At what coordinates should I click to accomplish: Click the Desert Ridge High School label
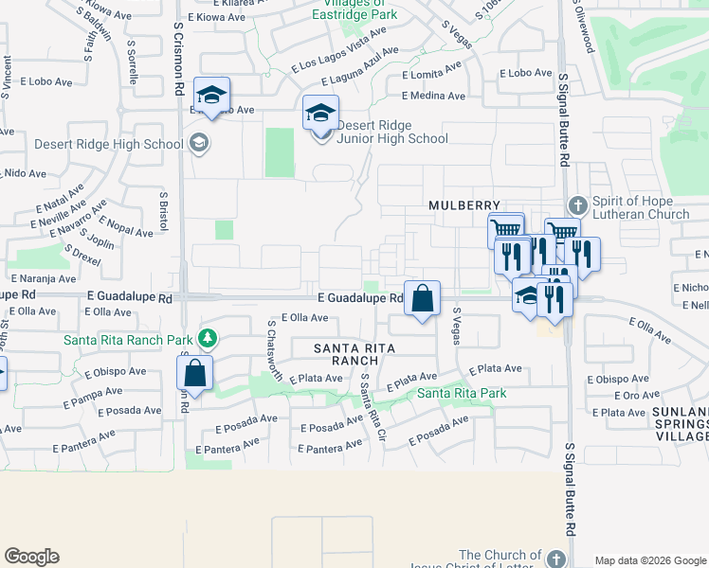(109, 144)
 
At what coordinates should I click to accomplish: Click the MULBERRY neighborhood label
(464, 204)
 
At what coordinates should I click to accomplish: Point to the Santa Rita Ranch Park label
(128, 340)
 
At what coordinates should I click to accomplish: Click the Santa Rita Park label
(462, 393)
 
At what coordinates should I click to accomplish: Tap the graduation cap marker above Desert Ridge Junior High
(321, 113)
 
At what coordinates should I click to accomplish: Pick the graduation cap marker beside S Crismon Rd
(212, 94)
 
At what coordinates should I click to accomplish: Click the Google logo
(31, 557)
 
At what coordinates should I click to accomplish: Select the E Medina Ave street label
(433, 96)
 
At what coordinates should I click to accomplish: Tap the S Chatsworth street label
(275, 350)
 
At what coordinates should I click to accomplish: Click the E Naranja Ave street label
(44, 279)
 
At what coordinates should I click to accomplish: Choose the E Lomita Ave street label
(431, 74)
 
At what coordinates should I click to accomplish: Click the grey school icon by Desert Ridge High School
(199, 144)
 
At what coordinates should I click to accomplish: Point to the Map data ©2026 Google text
(650, 560)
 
